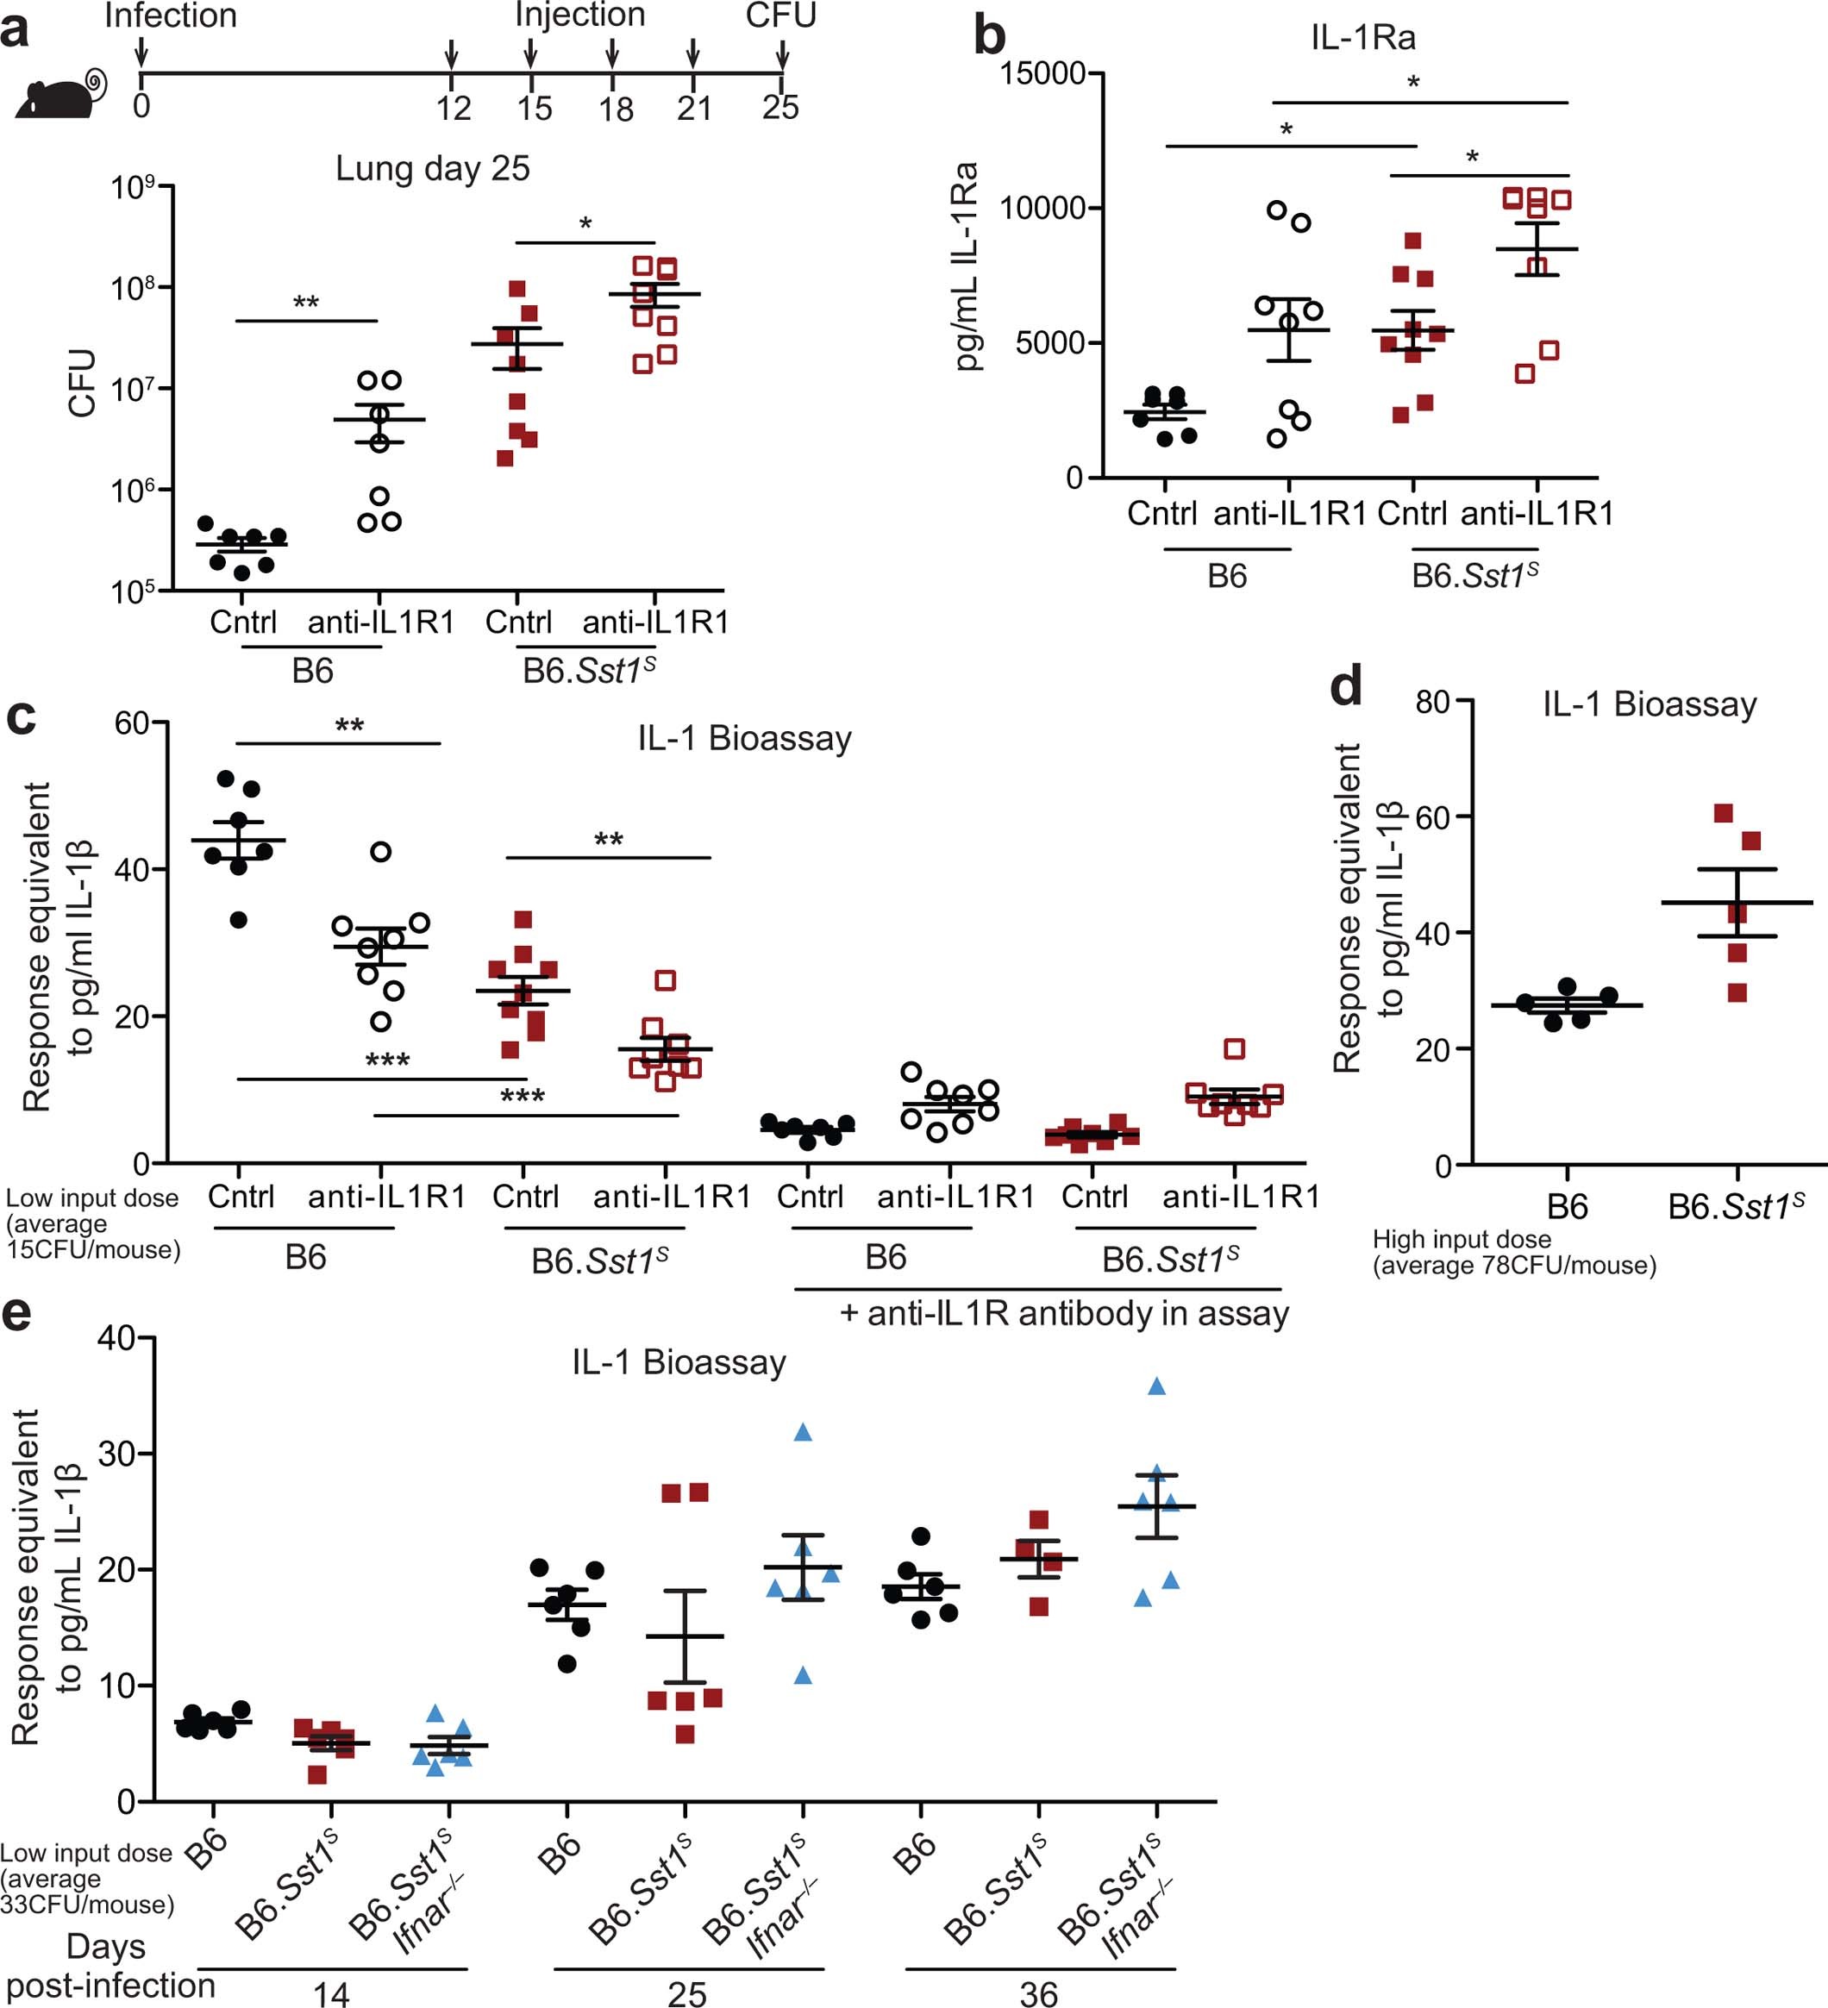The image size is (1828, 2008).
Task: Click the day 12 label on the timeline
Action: point(454,108)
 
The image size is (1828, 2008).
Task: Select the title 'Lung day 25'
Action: point(432,168)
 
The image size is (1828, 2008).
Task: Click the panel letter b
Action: point(989,37)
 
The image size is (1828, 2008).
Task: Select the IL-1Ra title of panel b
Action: point(1362,38)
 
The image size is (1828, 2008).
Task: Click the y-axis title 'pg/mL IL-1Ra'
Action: point(964,267)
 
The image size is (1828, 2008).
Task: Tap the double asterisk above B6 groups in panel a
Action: point(306,303)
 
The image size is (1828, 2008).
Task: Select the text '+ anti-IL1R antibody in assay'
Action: point(1064,1314)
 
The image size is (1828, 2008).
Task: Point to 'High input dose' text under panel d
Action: point(1462,1239)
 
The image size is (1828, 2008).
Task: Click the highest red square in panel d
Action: point(1724,814)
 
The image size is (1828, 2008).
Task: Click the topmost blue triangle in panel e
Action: point(1156,1386)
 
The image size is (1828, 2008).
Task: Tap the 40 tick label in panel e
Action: point(116,1338)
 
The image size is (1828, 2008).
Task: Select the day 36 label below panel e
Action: point(1038,1993)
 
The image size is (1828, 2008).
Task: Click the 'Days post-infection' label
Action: point(108,1965)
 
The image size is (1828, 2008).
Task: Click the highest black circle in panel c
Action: point(226,778)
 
